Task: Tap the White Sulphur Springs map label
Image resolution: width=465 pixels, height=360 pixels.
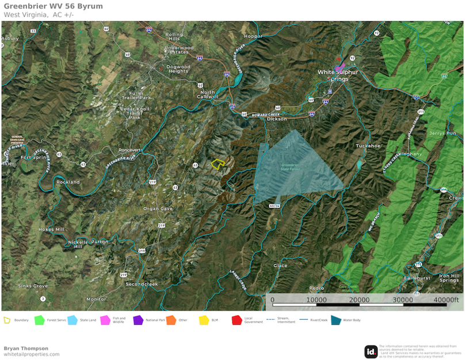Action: click(x=338, y=75)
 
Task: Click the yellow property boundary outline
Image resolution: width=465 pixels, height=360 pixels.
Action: click(x=217, y=164)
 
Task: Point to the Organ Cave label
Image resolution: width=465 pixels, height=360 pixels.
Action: click(x=158, y=208)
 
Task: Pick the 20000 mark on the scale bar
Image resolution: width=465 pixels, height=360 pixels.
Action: click(x=359, y=300)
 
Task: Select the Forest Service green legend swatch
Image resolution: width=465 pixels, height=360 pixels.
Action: click(x=39, y=320)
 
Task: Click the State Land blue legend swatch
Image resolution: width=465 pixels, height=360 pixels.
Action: click(x=72, y=320)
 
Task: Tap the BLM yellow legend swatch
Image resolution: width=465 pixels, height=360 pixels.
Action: click(x=204, y=320)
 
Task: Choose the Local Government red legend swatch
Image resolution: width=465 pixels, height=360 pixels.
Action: click(x=237, y=320)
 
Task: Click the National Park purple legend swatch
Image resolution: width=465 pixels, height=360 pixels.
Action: click(x=138, y=320)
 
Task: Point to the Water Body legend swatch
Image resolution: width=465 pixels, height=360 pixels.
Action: click(x=336, y=320)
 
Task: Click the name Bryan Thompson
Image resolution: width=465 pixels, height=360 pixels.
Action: click(x=26, y=348)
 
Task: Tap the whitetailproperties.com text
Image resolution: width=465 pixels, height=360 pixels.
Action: click(x=32, y=354)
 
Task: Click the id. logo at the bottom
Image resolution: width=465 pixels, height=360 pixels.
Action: click(x=371, y=351)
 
